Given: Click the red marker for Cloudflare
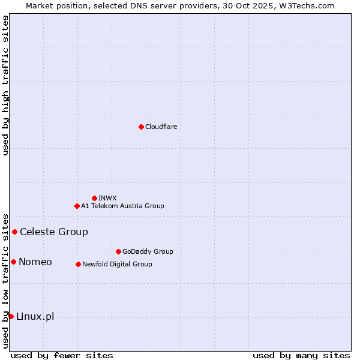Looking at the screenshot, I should click(141, 127).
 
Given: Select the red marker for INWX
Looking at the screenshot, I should click(94, 198).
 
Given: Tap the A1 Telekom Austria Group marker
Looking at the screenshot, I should click(77, 206).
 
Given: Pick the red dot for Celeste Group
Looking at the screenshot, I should click(14, 232).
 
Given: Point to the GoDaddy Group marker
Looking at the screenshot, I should click(118, 251).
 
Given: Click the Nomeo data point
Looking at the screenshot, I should click(13, 262).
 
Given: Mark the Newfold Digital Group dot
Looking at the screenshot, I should click(78, 264).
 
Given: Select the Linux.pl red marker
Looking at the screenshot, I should click(11, 316).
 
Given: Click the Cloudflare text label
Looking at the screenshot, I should click(161, 127).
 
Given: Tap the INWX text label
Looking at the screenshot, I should click(107, 198).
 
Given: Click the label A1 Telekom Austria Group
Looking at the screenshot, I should click(122, 206).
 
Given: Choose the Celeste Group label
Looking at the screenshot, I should click(54, 232).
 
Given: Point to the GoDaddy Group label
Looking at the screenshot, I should click(148, 251).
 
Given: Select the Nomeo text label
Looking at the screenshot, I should click(35, 262).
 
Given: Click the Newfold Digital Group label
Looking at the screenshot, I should click(117, 264).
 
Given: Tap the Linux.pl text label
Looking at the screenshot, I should click(35, 316).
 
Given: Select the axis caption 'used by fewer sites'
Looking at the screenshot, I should click(62, 355).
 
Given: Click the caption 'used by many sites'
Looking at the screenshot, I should click(301, 355).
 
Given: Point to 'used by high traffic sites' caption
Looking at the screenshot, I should click(5, 86).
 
